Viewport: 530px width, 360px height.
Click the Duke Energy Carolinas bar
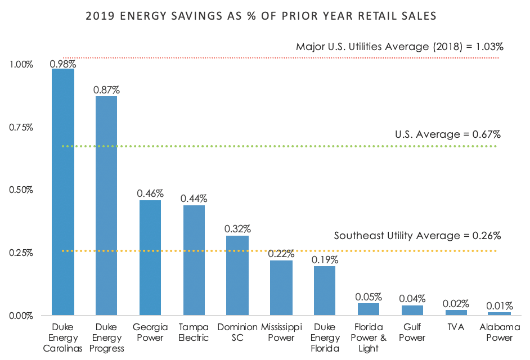[63, 191]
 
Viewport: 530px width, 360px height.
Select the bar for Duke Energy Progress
[106, 205]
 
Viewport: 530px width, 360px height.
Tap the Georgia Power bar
[150, 257]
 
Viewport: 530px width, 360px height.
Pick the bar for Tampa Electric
[194, 260]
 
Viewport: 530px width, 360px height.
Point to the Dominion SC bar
[237, 275]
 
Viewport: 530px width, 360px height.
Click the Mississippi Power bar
[281, 287]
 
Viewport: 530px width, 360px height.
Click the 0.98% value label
[63, 64]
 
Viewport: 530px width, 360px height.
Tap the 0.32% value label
[237, 229]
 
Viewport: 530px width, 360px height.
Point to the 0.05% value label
[369, 296]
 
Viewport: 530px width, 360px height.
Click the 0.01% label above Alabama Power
[500, 306]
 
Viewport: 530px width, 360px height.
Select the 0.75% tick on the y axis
[21, 127]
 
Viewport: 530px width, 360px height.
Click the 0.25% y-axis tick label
[21, 253]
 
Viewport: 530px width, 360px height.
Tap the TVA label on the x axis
[456, 327]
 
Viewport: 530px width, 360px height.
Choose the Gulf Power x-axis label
[412, 332]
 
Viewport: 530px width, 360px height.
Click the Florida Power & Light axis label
[369, 337]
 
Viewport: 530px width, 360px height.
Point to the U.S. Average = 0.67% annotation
[448, 134]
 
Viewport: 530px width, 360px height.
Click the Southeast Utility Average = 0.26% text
[417, 235]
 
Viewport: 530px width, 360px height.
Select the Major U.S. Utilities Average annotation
[399, 47]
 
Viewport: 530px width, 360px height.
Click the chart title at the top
[261, 16]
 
